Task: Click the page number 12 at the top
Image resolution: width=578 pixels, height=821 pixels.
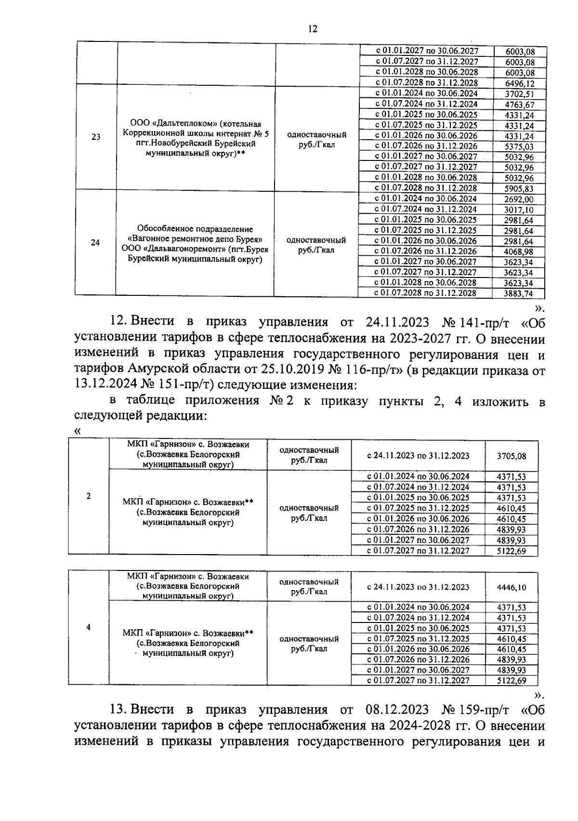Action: coord(313,29)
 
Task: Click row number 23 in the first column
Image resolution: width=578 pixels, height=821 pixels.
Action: coord(96,137)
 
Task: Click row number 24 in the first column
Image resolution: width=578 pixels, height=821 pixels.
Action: coord(95,242)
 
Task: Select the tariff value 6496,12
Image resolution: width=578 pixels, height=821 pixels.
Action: coord(519,83)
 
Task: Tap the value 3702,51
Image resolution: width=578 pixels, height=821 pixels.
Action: coord(519,94)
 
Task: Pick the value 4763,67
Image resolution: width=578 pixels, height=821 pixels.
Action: coord(519,105)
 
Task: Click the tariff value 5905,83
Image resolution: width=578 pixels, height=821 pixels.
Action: coord(519,189)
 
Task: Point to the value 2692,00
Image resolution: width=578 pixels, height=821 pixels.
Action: coord(518,199)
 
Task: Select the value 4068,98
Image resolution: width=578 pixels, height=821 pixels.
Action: coord(518,252)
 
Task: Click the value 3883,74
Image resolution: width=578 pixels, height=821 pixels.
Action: coord(518,293)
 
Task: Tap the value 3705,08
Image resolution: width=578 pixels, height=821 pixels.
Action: coord(512,456)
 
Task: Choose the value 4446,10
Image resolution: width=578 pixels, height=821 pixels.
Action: coord(512,587)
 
